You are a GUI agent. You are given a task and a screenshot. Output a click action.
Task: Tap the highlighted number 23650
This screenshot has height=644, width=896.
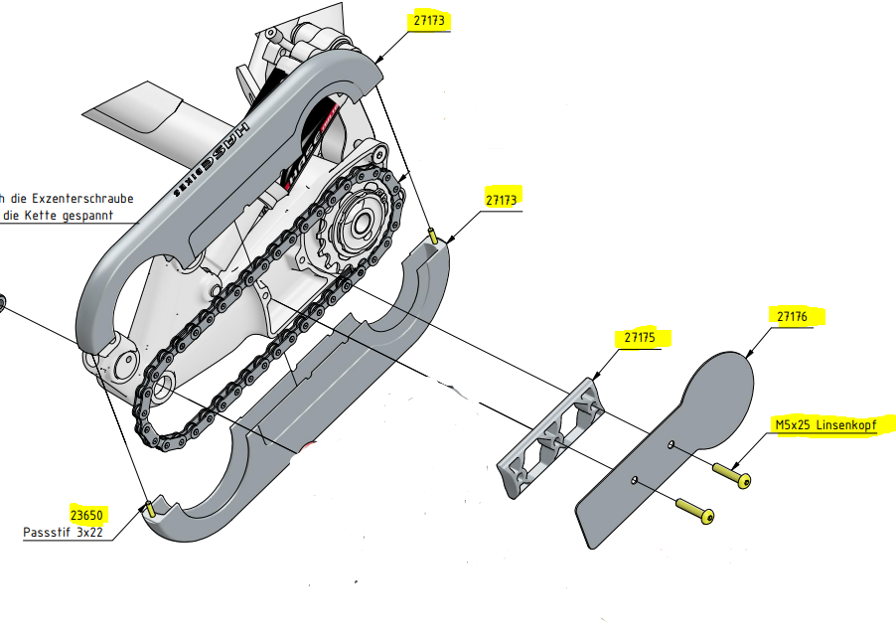coord(87,515)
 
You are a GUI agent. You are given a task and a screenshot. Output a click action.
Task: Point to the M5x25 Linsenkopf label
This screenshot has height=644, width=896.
coord(832,425)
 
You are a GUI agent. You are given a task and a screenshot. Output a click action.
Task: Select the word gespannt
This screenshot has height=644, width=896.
coord(87,215)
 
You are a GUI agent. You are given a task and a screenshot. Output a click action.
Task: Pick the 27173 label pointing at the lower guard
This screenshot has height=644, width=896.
coord(503,199)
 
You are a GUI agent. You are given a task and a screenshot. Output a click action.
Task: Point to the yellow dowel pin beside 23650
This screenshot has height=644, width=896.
coord(149,508)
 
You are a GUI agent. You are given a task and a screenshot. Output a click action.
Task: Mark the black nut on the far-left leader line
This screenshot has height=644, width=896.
coord(2,302)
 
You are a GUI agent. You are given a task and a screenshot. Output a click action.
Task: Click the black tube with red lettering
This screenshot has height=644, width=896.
coord(308,149)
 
